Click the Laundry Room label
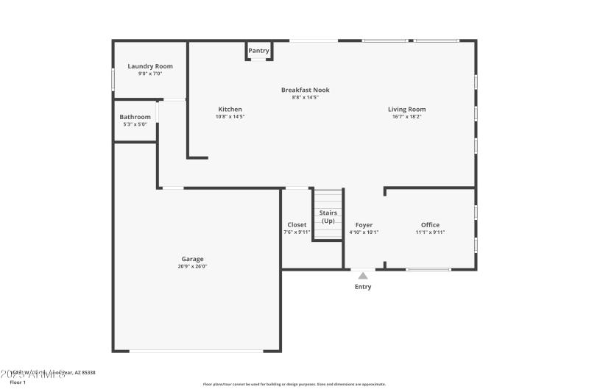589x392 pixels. (150, 66)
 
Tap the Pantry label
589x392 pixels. (258, 51)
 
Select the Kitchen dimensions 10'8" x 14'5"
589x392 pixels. (230, 116)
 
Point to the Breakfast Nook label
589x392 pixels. (305, 90)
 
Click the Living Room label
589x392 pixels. (406, 110)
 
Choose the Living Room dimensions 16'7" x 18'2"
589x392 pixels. (406, 116)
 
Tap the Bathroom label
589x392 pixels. (135, 117)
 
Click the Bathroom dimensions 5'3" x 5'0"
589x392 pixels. (135, 124)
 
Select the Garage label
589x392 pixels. (193, 259)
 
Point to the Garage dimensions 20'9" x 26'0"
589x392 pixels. (193, 266)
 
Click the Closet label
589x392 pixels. (297, 225)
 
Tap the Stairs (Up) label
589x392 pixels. (328, 217)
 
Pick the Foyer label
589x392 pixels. (364, 225)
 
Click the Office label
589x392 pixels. (430, 225)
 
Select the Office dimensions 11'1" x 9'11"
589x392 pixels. (430, 232)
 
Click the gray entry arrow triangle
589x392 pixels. (363, 276)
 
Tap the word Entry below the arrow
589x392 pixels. (363, 287)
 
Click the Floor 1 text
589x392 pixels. (18, 382)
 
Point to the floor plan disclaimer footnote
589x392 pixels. (294, 384)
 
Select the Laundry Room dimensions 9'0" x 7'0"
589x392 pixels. (150, 74)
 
